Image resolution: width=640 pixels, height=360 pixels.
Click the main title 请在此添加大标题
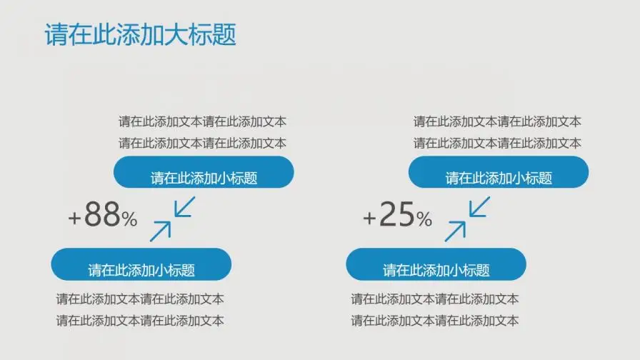[x=140, y=35]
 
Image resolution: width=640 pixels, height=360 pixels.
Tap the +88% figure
[x=102, y=215]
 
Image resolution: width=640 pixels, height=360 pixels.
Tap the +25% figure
[x=397, y=215]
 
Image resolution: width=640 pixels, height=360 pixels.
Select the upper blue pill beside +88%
[x=204, y=173]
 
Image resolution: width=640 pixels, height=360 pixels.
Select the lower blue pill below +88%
[x=141, y=264]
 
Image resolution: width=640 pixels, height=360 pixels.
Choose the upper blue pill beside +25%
[x=499, y=173]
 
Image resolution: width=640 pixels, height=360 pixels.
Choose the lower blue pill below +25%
[x=436, y=264]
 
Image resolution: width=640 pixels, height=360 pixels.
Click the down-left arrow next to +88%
[x=184, y=208]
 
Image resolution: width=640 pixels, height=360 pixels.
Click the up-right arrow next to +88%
[x=161, y=231]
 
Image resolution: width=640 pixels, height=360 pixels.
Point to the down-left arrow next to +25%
[x=479, y=208]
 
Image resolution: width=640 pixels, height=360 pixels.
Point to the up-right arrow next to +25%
[x=456, y=231]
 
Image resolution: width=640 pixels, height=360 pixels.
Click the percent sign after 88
[x=129, y=219]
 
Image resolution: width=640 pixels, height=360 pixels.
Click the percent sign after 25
[x=424, y=219]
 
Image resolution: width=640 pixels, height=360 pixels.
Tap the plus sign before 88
[x=75, y=218]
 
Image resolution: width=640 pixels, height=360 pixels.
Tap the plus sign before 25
[x=369, y=218]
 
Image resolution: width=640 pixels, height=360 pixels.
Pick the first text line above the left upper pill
[x=202, y=122]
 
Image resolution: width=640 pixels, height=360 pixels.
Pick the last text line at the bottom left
[x=140, y=321]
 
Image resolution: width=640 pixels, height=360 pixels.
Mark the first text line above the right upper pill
[x=497, y=122]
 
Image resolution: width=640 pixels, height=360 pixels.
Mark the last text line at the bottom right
[x=434, y=321]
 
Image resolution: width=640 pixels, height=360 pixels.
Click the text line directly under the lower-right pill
[x=434, y=299]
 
